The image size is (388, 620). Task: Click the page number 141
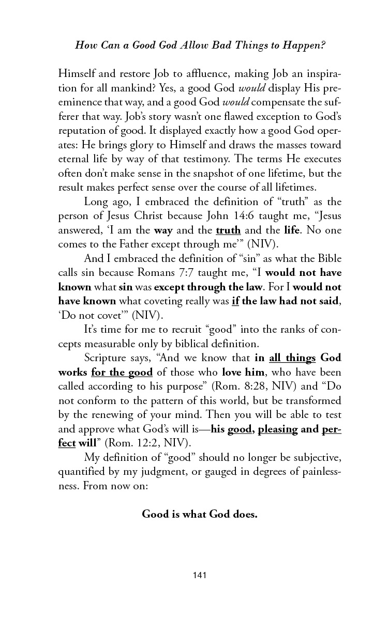[x=199, y=575]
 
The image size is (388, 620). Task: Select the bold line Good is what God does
[x=200, y=514]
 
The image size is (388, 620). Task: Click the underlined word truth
[x=228, y=230]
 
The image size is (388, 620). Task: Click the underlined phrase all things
[x=292, y=358]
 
